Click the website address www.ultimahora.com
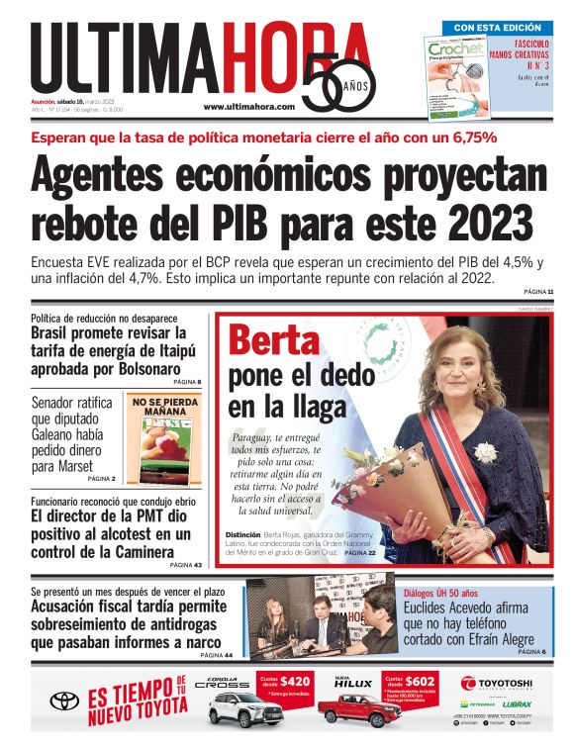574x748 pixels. pos(246,106)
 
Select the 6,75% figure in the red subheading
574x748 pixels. pos(464,138)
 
